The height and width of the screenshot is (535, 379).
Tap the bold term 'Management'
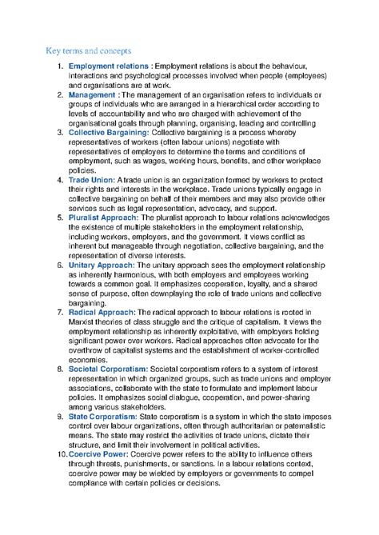coord(92,95)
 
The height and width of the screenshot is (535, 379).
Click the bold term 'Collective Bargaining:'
coord(114,132)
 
